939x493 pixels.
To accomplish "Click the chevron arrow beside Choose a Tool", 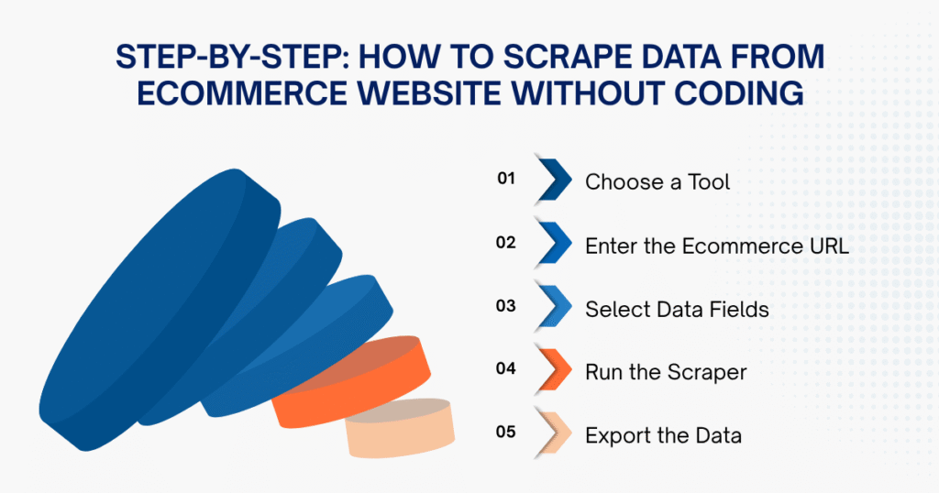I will [x=554, y=181].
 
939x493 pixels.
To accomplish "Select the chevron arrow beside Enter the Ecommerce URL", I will [x=554, y=244].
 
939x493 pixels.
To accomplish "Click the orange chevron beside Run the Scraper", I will [x=554, y=371].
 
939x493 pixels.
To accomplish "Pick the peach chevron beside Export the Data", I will [x=554, y=434].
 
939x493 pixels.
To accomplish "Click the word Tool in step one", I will [x=709, y=181].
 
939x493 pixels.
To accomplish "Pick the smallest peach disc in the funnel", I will [x=400, y=428].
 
